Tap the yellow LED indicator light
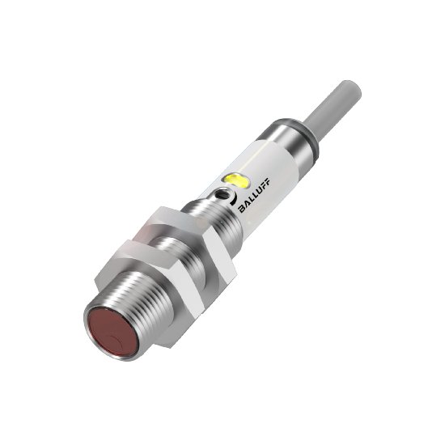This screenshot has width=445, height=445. [235, 179]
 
